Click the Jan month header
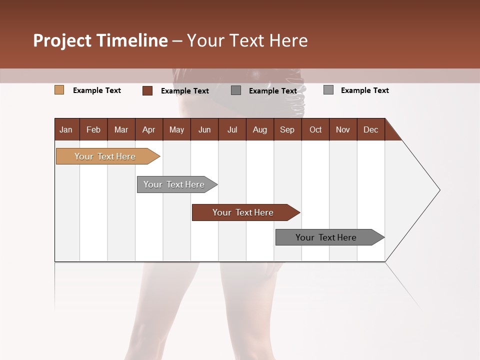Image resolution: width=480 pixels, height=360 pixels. (66, 129)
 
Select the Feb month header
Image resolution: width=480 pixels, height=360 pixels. (93, 129)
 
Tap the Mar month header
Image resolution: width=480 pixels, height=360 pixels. (121, 129)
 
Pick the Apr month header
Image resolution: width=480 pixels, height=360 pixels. (148, 129)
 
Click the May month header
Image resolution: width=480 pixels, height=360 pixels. (176, 129)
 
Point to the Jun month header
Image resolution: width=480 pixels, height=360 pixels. (204, 129)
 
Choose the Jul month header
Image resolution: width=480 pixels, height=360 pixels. (232, 129)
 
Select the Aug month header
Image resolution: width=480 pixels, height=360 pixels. (259, 129)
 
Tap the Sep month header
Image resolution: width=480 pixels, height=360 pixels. (287, 129)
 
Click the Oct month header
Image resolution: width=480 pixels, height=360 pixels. (315, 129)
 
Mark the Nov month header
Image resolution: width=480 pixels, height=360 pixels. (343, 129)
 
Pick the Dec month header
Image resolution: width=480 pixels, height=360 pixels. (370, 129)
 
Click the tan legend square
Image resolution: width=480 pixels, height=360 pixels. (59, 90)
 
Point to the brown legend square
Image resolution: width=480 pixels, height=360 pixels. (147, 90)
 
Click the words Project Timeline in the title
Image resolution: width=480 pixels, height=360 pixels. (100, 40)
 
